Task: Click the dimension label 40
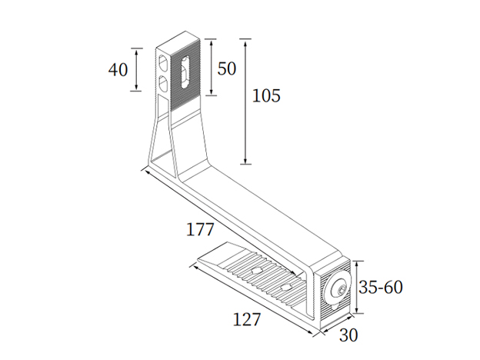coord(118,69)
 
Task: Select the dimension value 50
coord(226,68)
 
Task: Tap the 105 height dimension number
coord(266,96)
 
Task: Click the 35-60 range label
coord(382,288)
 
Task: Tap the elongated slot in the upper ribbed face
coord(185,71)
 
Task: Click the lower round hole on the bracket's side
coord(164,82)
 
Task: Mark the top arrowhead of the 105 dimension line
coord(245,40)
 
